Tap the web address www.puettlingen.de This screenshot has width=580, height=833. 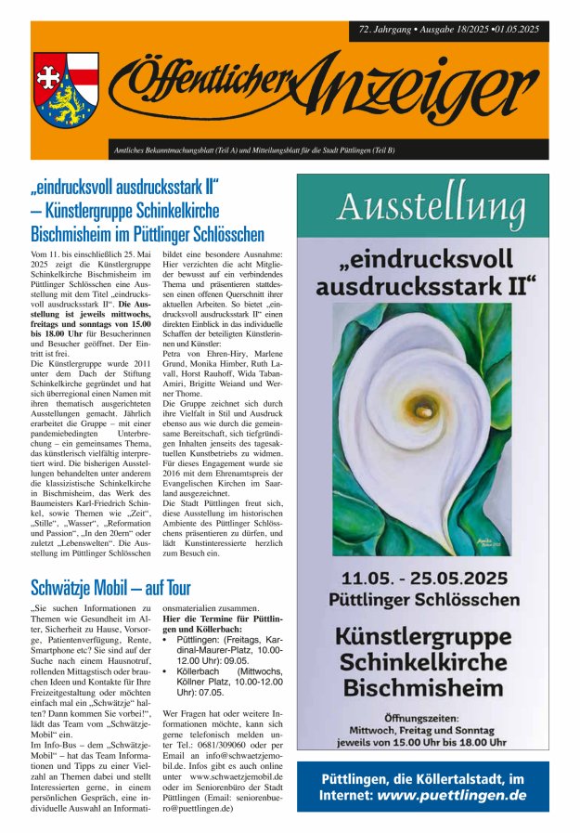tap(452, 795)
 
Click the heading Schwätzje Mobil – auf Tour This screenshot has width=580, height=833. tap(110, 587)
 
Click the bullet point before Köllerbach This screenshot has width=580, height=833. tap(165, 670)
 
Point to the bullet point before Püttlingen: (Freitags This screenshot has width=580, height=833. tap(165, 640)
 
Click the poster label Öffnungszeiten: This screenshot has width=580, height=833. tap(422, 719)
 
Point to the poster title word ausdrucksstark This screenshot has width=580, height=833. tap(426, 287)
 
